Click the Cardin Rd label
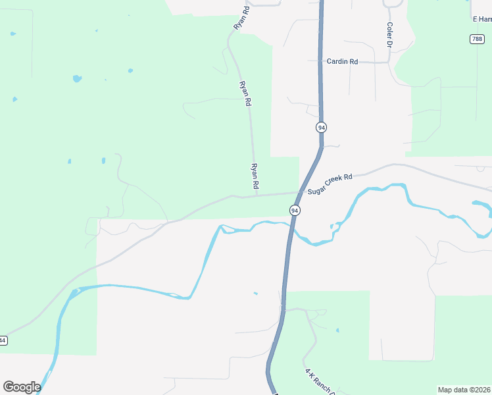342,61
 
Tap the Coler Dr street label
389,35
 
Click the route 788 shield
477,39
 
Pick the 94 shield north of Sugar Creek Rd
321,126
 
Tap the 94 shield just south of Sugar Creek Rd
294,210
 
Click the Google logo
22,387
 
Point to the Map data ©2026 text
464,390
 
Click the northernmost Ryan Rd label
241,17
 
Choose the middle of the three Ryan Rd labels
245,93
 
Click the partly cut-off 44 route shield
3,340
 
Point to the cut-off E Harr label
482,19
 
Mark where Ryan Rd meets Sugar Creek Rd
256,195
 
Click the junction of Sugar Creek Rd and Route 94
301,192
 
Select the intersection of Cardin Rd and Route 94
320,62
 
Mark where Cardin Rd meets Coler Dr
389,63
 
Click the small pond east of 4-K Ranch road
337,330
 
